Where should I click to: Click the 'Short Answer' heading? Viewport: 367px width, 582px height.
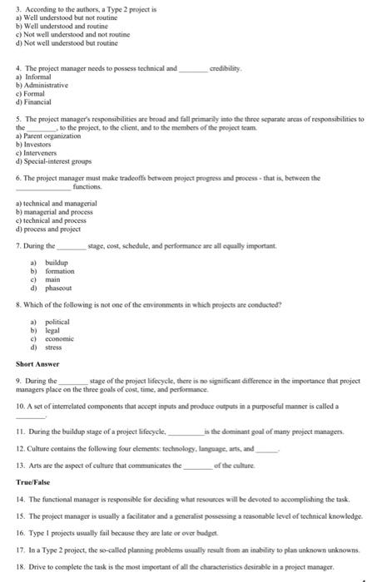pyautogui.click(x=37, y=363)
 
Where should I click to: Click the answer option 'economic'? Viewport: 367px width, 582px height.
pyautogui.click(x=60, y=338)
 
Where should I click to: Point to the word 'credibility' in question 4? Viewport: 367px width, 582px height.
pyautogui.click(x=225, y=68)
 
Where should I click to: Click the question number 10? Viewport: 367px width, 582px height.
pyautogui.click(x=21, y=405)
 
